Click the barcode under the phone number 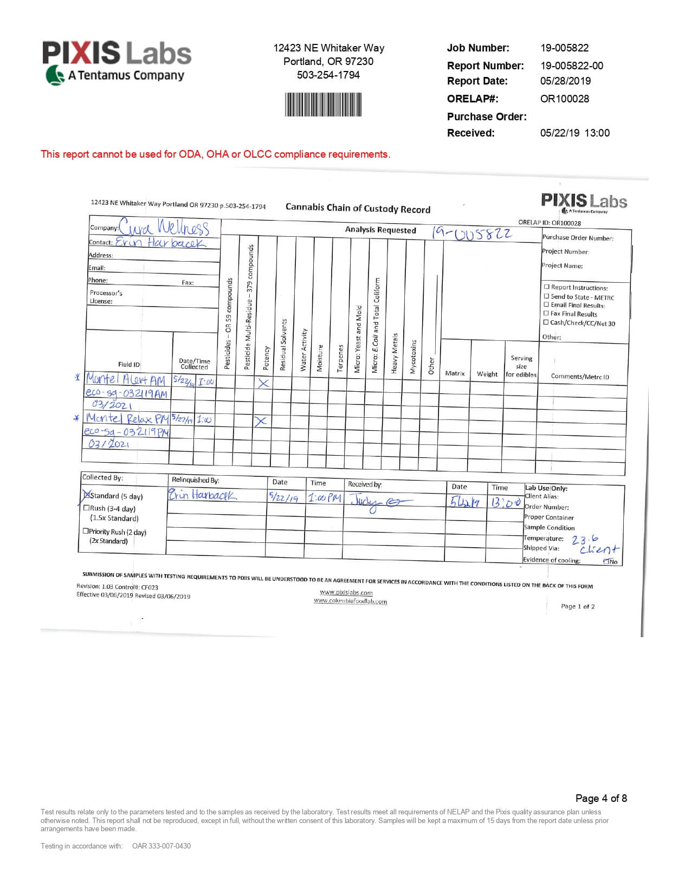pos(322,105)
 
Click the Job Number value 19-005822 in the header pos(564,48)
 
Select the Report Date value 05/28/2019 pos(565,81)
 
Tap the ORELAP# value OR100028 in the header pos(564,99)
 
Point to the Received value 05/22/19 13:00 pos(574,133)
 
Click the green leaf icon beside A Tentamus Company pos(54,75)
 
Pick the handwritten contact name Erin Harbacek pos(161,243)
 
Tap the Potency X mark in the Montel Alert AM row pos(263,383)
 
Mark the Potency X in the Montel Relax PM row pos(261,421)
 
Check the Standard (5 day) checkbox pos(86,495)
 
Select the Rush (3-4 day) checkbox pos(86,508)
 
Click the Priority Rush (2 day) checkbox pos(86,531)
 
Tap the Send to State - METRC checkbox pos(546,296)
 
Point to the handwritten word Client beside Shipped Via pos(599,549)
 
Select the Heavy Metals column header pos(395,353)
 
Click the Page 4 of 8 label pos(601,798)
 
